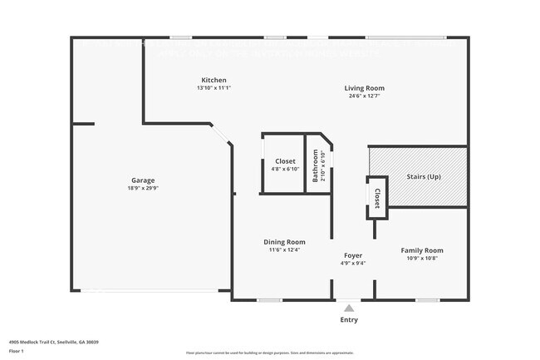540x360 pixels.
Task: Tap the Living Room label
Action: pyautogui.click(x=365, y=88)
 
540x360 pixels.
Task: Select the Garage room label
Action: pyautogui.click(x=143, y=180)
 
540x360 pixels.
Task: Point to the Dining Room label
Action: pyautogui.click(x=284, y=242)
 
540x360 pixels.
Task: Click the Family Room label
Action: pyautogui.click(x=422, y=250)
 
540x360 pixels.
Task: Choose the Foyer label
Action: pyautogui.click(x=353, y=255)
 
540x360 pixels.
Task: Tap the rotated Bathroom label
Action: pyautogui.click(x=315, y=165)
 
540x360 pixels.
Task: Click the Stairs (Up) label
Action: pyautogui.click(x=423, y=177)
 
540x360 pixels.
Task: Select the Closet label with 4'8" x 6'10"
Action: pyautogui.click(x=285, y=161)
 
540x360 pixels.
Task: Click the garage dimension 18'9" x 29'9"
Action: pyautogui.click(x=143, y=189)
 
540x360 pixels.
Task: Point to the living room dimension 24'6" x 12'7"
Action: pyautogui.click(x=365, y=96)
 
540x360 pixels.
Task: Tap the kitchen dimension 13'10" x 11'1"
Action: pyautogui.click(x=214, y=88)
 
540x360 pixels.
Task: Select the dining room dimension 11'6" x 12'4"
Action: pyautogui.click(x=284, y=249)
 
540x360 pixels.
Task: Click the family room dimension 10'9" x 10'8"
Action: pyautogui.click(x=422, y=259)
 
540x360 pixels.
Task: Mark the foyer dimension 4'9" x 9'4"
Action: pyautogui.click(x=353, y=263)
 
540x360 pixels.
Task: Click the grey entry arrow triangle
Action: pyautogui.click(x=349, y=308)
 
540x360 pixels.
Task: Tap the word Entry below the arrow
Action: pyautogui.click(x=349, y=320)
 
